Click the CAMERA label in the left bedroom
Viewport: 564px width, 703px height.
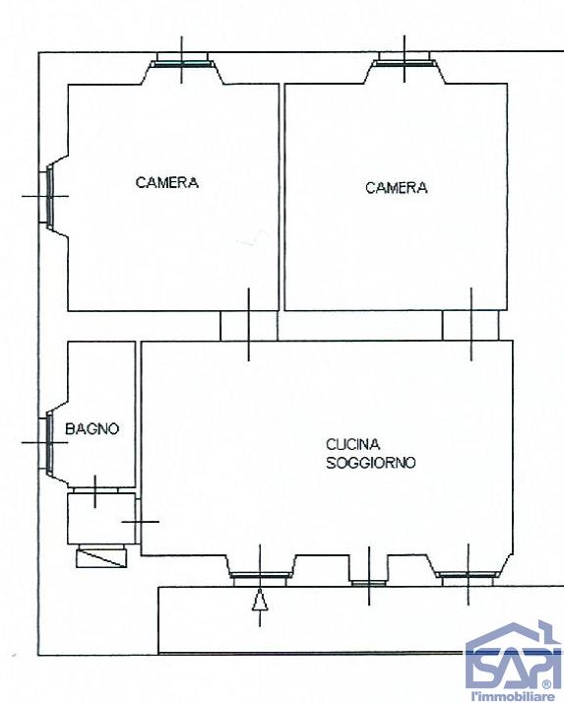167,182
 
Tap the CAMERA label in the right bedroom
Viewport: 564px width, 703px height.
397,187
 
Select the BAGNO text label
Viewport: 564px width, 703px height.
93,428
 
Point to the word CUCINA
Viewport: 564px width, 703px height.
353,444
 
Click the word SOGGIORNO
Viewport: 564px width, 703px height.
370,462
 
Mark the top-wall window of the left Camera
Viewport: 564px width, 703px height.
183,64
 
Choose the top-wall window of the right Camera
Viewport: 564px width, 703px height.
406,64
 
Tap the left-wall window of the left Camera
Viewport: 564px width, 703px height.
47,195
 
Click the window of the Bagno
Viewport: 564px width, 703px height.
47,442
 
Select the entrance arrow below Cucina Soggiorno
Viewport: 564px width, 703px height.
259,601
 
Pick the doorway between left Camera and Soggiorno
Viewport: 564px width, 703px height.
249,324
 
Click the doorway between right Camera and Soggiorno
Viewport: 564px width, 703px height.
470,324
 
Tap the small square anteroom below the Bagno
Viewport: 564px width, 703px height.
94,518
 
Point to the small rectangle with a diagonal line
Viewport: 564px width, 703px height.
102,557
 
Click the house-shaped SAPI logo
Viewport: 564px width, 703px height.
512,655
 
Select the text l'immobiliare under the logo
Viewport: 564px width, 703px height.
512,695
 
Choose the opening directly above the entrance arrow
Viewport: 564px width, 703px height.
259,575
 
